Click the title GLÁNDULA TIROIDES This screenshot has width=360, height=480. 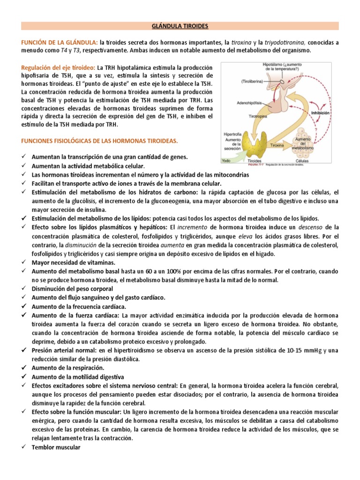click(180, 26)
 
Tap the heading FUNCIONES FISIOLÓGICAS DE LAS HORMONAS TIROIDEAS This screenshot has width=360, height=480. click(97, 141)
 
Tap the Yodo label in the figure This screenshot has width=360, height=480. click(227, 160)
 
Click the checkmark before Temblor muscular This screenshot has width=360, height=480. click(23, 448)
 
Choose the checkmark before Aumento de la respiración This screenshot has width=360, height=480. click(23, 368)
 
